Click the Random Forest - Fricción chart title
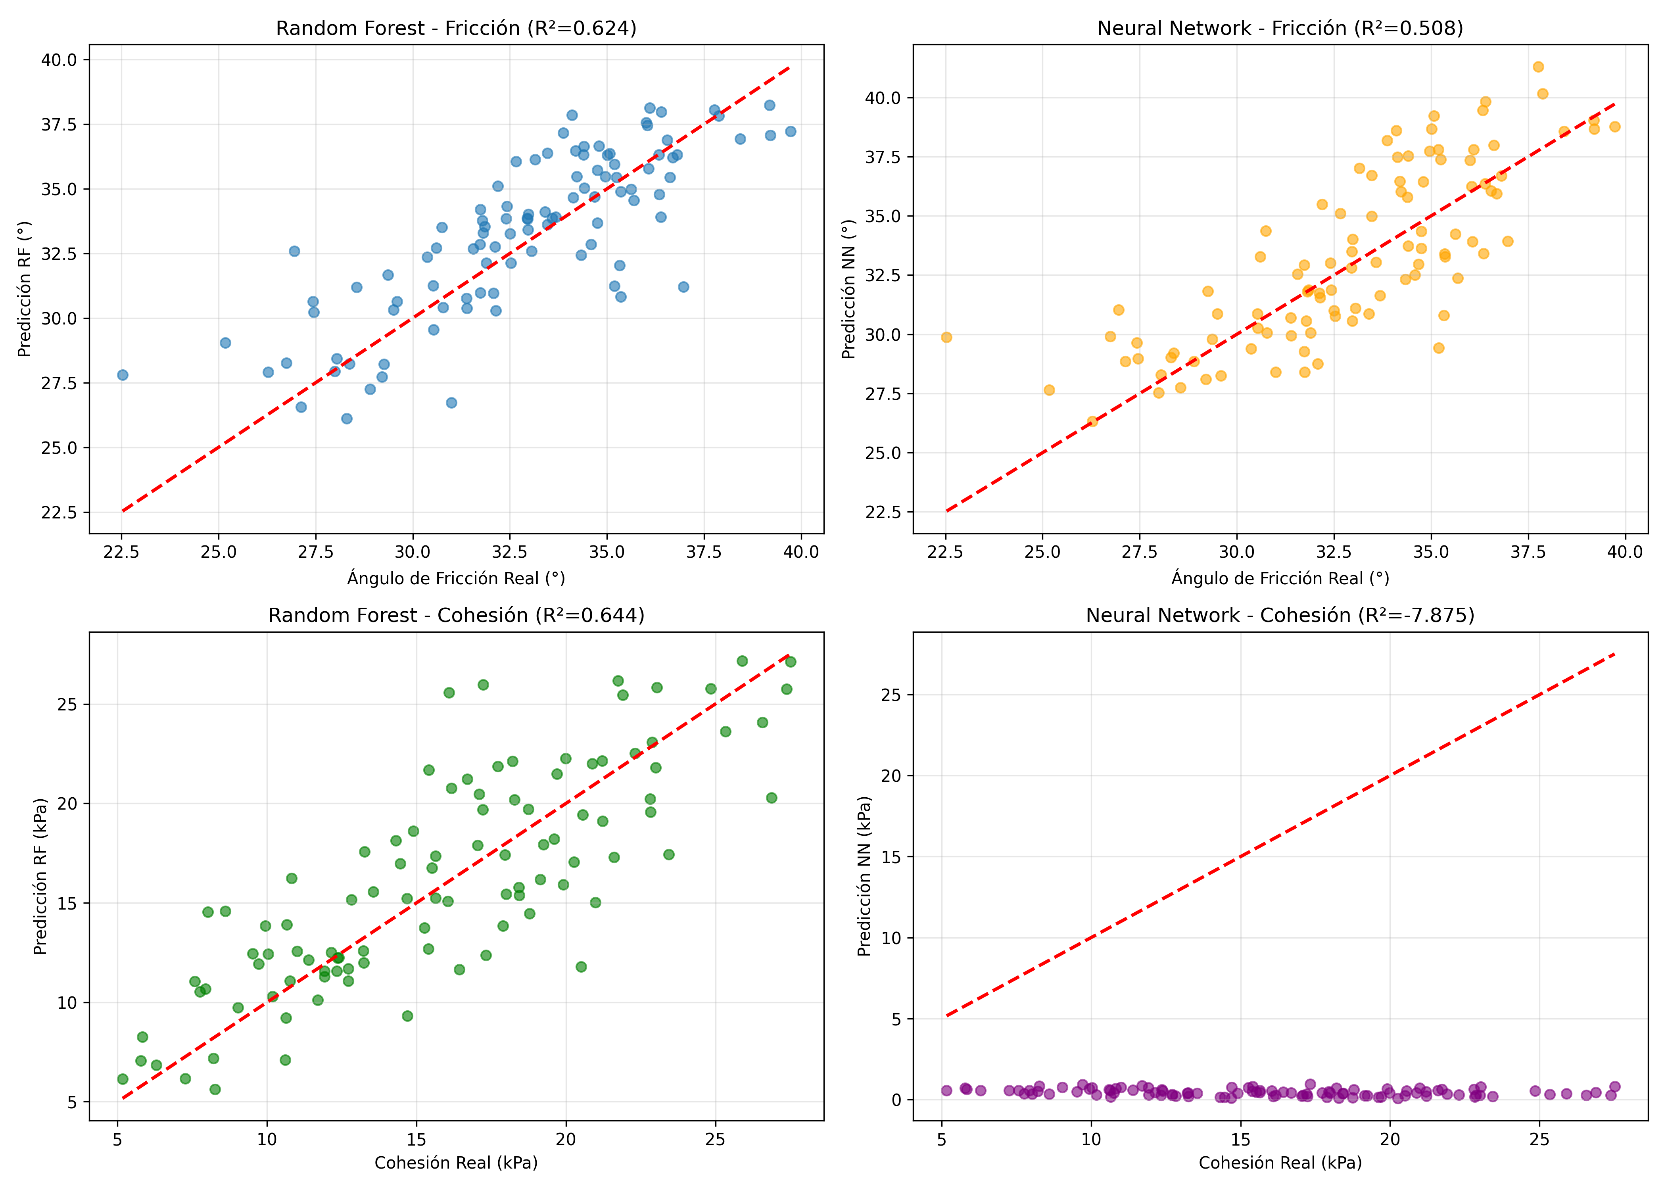click(456, 29)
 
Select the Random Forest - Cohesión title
click(456, 616)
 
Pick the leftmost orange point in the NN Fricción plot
click(946, 337)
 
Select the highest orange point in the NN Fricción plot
click(1538, 67)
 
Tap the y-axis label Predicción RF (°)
click(25, 289)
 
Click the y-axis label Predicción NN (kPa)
click(864, 876)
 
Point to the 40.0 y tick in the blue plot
click(59, 59)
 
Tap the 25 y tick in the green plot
click(67, 704)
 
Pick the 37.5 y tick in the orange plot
click(883, 157)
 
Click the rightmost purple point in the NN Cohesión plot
click(1614, 1087)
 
